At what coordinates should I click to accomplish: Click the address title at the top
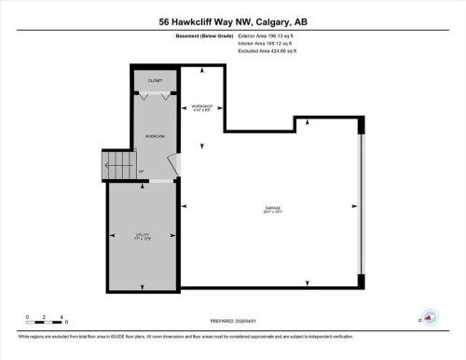(232, 22)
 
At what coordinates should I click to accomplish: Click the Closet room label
(155, 80)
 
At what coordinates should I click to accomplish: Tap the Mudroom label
(155, 136)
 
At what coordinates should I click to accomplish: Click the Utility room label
(142, 235)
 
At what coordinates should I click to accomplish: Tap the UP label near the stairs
(141, 172)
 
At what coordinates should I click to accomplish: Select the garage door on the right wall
(360, 205)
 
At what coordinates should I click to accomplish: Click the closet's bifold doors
(155, 94)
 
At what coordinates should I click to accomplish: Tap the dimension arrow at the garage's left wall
(185, 207)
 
